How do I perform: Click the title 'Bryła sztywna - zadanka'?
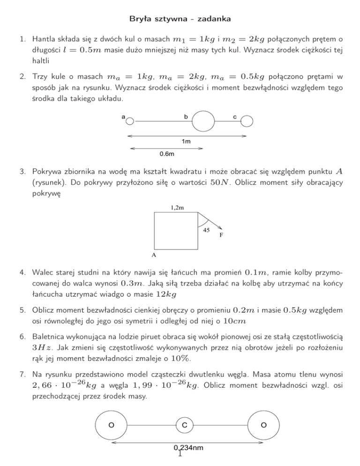(180, 20)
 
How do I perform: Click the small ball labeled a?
(130, 121)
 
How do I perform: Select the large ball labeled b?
(203, 121)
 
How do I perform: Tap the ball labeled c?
(247, 121)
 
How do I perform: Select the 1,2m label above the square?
(177, 207)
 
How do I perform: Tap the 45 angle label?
(206, 230)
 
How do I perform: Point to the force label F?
(221, 236)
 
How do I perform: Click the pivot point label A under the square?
(153, 256)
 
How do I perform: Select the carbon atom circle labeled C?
(185, 425)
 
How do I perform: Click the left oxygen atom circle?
(110, 425)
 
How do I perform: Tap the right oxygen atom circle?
(263, 425)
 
